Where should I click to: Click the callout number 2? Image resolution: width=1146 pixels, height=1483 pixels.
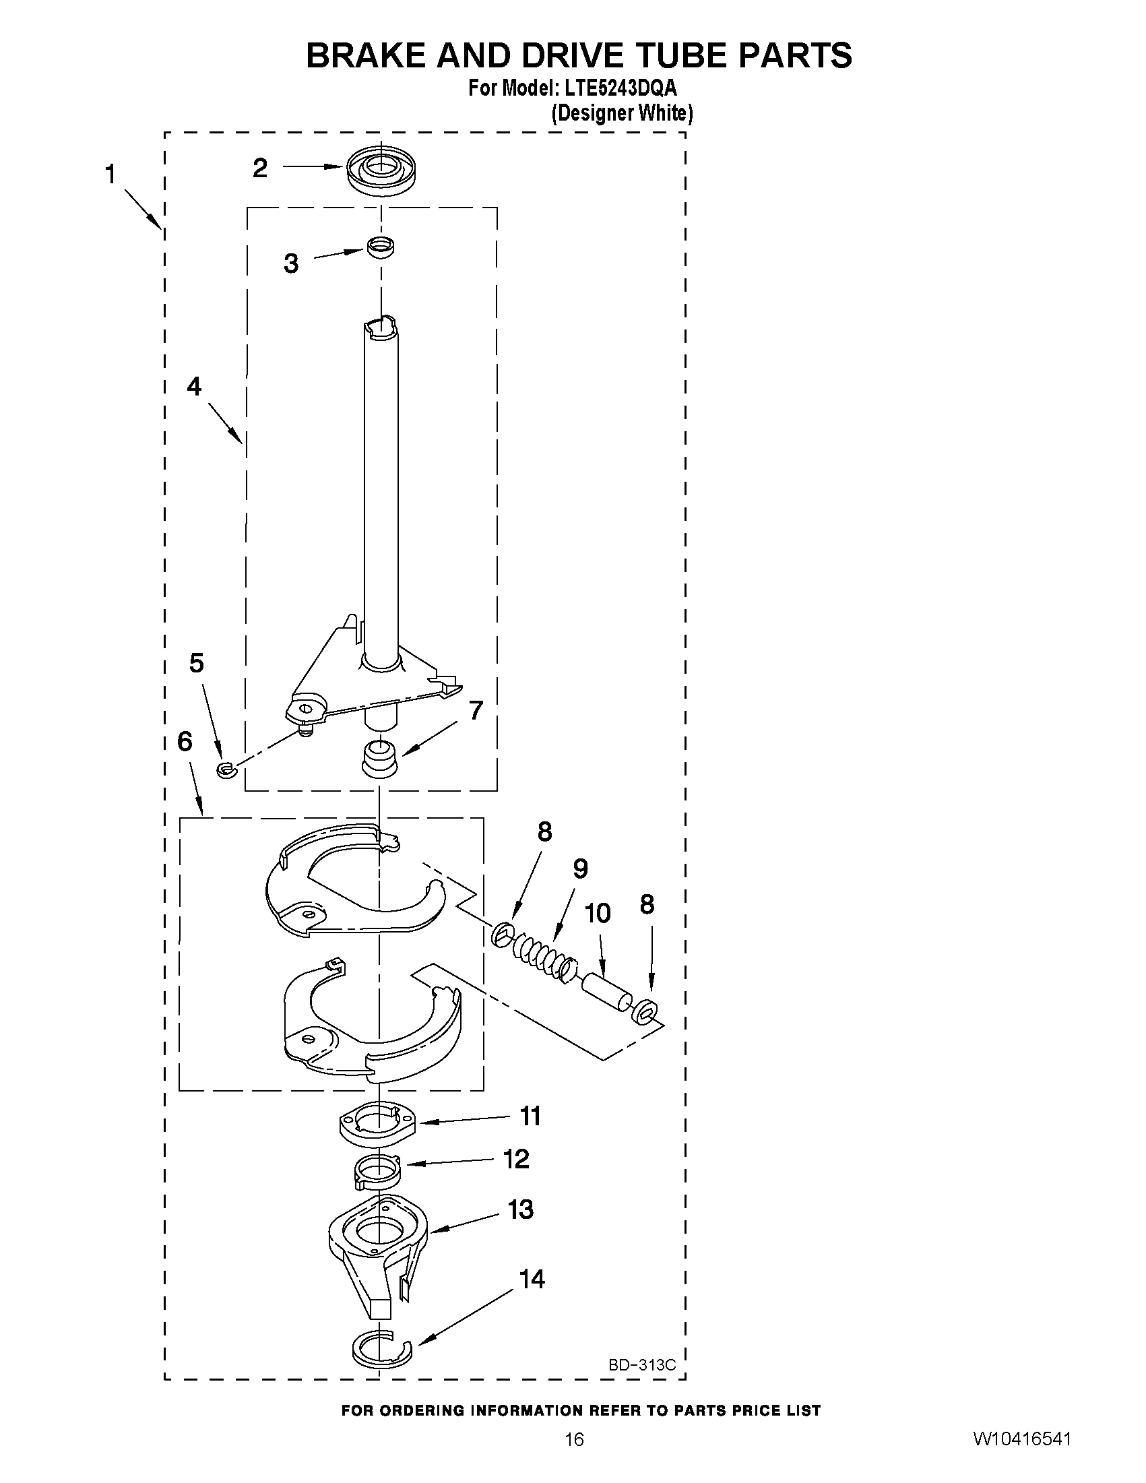pyautogui.click(x=260, y=168)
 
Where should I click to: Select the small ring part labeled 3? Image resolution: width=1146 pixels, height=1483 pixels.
pyautogui.click(x=381, y=247)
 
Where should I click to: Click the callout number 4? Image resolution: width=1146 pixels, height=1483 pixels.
pyautogui.click(x=194, y=386)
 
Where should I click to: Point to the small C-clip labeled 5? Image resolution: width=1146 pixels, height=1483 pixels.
pyautogui.click(x=226, y=769)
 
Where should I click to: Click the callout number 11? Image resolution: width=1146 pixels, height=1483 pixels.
pyautogui.click(x=530, y=1116)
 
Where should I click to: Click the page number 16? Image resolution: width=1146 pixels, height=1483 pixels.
pyautogui.click(x=574, y=1458)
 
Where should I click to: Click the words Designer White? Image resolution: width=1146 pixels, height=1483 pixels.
pyautogui.click(x=621, y=113)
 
